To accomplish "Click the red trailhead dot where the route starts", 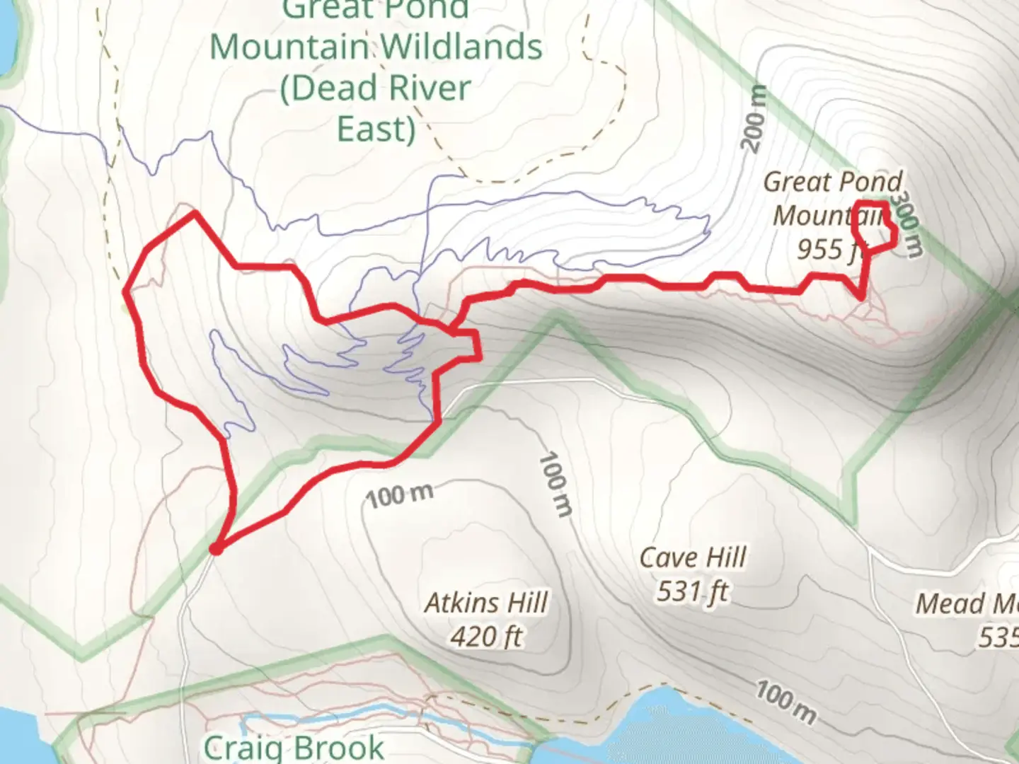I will (x=217, y=548).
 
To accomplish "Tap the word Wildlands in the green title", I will (x=463, y=47).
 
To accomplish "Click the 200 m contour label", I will (x=755, y=118).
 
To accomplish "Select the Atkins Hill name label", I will (x=486, y=603).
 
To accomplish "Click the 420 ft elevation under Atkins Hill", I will (x=486, y=637).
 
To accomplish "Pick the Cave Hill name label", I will (x=693, y=557).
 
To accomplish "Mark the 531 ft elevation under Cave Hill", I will (x=693, y=591).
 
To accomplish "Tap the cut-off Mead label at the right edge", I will (x=966, y=604).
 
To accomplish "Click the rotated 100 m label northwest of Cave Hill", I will (x=555, y=485).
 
